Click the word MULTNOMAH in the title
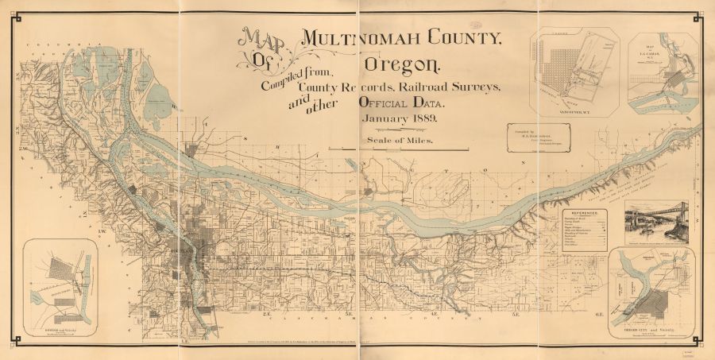point(370,37)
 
